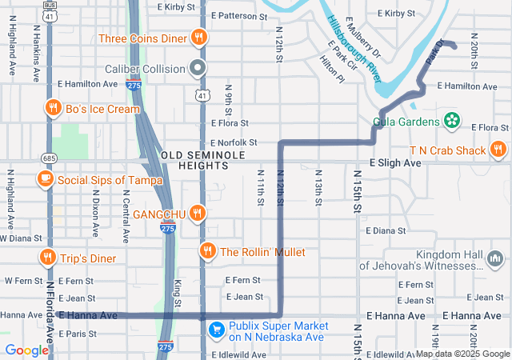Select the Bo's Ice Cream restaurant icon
(x=53, y=109)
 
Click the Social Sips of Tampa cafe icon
(x=46, y=179)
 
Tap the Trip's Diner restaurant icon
(x=48, y=258)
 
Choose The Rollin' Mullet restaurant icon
(x=208, y=251)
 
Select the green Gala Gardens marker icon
(x=452, y=122)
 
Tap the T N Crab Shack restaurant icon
(x=498, y=149)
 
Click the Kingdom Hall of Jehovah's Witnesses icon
(x=495, y=259)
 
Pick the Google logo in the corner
(x=27, y=350)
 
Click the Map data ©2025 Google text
(x=462, y=354)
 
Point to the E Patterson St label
(x=238, y=16)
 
